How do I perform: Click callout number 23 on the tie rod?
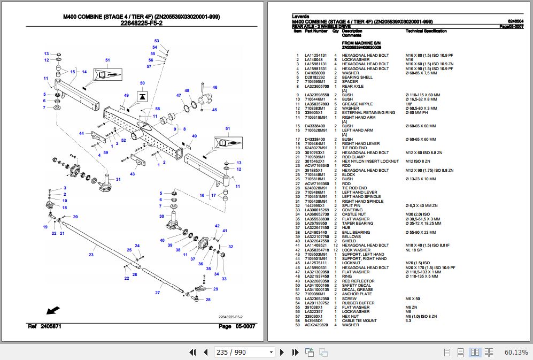[x=91, y=255]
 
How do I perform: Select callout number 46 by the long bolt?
[x=215, y=87]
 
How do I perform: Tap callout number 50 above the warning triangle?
[x=142, y=83]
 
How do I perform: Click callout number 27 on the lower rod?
[x=158, y=293]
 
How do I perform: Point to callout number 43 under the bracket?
[x=133, y=174]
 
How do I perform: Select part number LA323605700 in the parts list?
[x=316, y=86]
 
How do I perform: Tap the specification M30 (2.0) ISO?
[x=418, y=215]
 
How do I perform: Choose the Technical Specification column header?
[x=426, y=31]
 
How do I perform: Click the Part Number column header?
[x=316, y=31]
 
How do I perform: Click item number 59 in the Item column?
[x=297, y=325]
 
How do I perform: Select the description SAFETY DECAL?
[x=356, y=285]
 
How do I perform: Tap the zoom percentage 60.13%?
[x=516, y=352]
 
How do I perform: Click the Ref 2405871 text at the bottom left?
[x=44, y=326]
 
